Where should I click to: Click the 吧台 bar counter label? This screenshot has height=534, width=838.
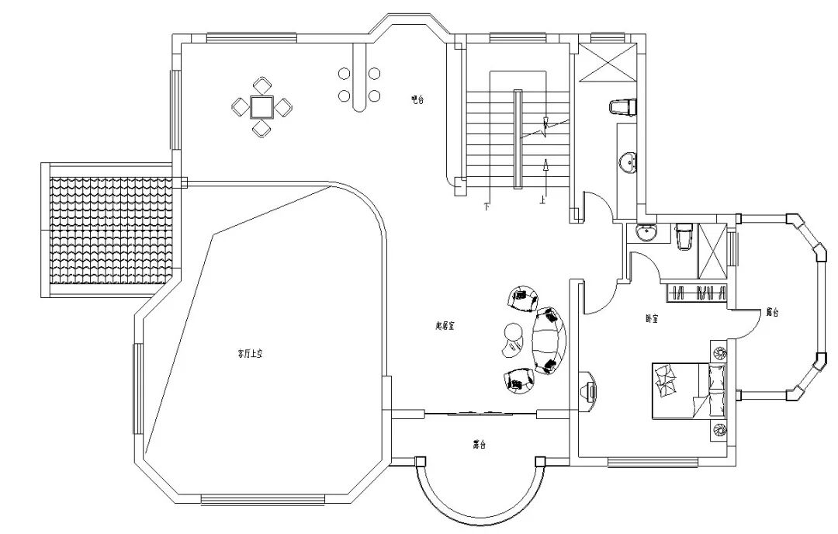[417, 99]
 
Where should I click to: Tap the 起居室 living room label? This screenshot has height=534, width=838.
[445, 326]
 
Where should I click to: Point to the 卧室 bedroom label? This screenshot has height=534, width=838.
[652, 318]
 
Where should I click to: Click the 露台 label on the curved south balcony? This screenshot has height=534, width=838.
[480, 445]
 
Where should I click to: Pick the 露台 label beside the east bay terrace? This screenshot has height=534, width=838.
[771, 312]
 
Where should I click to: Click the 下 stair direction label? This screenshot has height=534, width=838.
[487, 206]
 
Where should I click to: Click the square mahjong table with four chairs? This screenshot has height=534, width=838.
[262, 106]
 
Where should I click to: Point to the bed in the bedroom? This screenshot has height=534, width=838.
[680, 390]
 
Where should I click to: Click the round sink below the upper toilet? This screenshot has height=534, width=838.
[628, 162]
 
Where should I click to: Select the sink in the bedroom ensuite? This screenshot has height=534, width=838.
[646, 233]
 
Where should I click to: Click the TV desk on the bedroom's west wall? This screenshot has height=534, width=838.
[589, 390]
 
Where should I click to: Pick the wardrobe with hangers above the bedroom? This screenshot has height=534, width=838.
[697, 293]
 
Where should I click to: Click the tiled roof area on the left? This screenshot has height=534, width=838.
[110, 231]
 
